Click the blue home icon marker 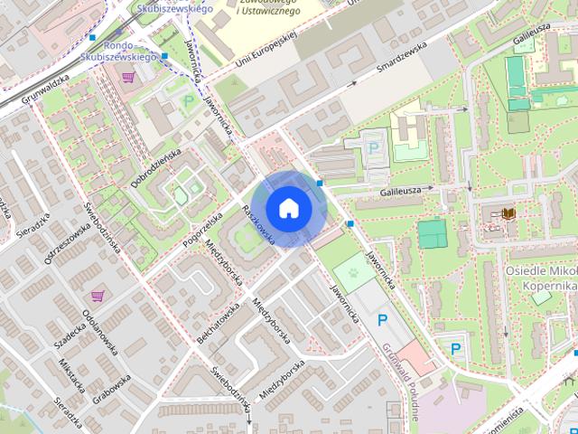click(x=288, y=209)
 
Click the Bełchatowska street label click(x=218, y=318)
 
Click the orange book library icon click(x=509, y=213)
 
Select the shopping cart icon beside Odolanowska click(x=98, y=295)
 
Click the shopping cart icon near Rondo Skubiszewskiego click(x=131, y=77)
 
